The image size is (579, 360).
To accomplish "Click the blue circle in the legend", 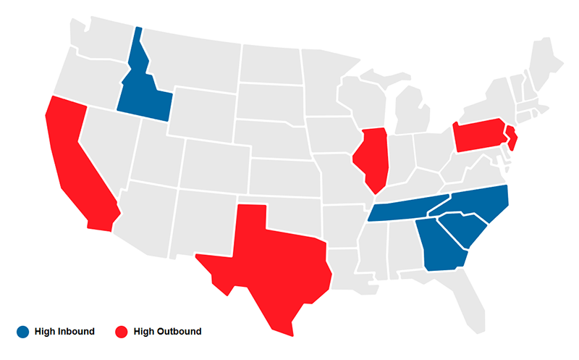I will tap(22, 332).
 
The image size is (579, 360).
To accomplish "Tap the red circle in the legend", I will tap(121, 332).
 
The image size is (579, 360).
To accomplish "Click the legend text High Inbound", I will tap(64, 332).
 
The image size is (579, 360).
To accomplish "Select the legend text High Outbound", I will tap(168, 332).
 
